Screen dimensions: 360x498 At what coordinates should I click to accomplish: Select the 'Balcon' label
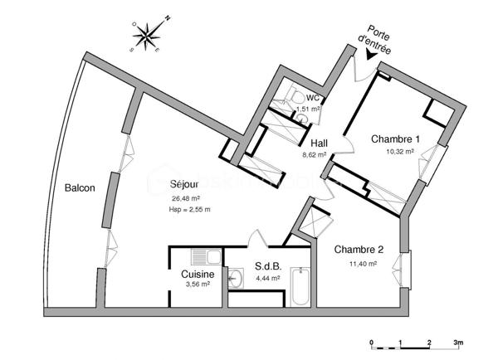point(80,188)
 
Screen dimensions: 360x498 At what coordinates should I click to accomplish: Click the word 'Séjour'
point(184,184)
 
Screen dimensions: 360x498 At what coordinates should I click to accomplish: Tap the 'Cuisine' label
point(198,275)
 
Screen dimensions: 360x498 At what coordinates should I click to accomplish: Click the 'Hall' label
point(319,144)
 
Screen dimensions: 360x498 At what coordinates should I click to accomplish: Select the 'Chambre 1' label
point(395,139)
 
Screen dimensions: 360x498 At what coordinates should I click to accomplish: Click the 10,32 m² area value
point(399,152)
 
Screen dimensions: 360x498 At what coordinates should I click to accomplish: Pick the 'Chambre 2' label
point(359,250)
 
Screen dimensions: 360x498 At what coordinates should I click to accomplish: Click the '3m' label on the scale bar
point(457,343)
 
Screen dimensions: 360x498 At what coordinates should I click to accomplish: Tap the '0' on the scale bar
point(372,343)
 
